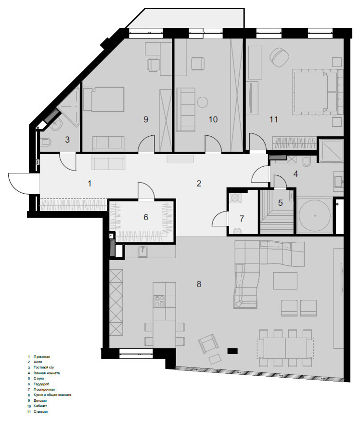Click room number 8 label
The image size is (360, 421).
(199, 284)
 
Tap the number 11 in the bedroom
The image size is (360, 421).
(274, 119)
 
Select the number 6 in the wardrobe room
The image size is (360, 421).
(146, 217)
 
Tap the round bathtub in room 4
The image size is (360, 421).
(314, 215)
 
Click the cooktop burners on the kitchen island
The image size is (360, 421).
(159, 301)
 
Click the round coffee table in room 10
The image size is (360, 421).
(203, 102)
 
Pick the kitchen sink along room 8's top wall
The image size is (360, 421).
(142, 251)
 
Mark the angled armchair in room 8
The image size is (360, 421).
(207, 343)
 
